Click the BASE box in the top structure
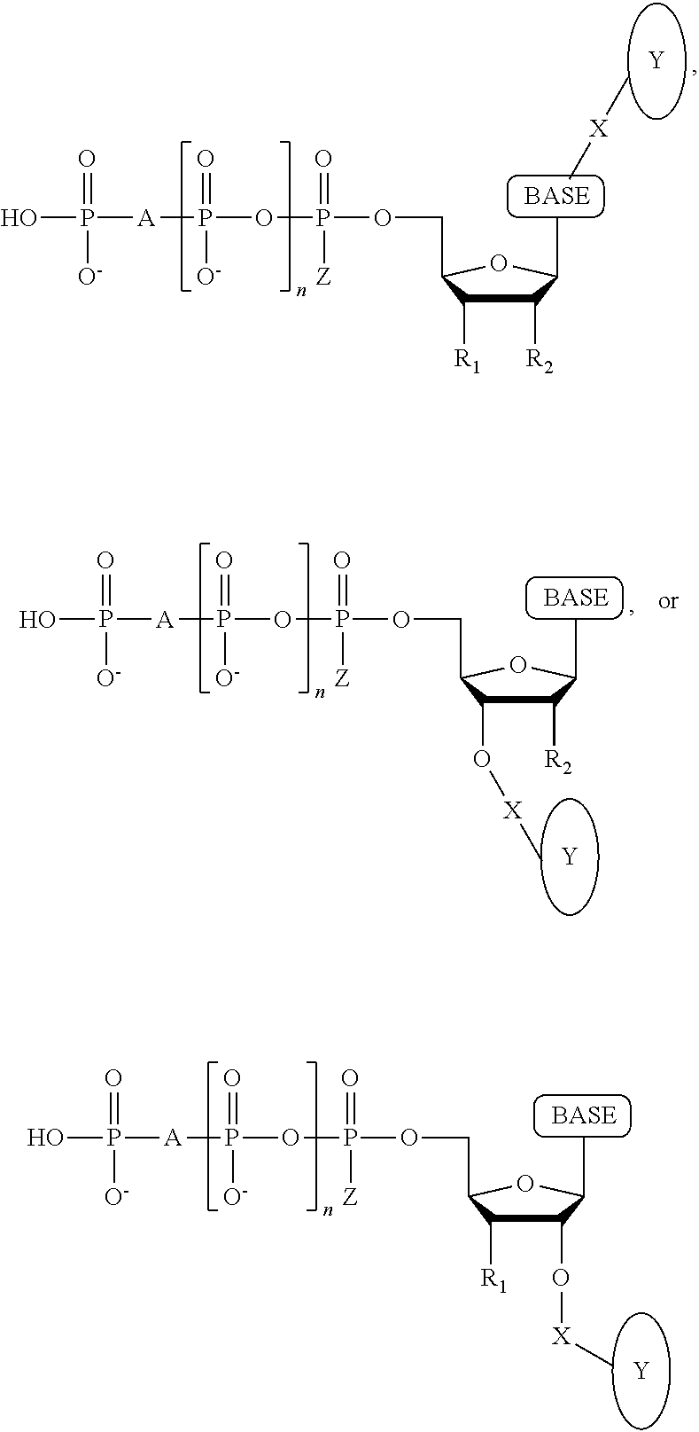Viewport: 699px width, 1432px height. (x=555, y=196)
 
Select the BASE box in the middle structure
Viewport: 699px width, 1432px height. (x=574, y=598)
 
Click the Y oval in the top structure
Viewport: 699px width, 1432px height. (x=656, y=61)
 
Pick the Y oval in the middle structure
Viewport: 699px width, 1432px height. (x=570, y=857)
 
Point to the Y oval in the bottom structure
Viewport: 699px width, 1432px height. (x=641, y=1371)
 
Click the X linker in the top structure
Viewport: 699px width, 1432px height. (x=598, y=129)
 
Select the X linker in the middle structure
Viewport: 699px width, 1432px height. (x=512, y=810)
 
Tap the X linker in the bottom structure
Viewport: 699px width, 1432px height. (x=561, y=1336)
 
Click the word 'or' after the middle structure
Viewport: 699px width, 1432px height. (x=668, y=601)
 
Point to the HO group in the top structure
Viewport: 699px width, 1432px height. (x=19, y=219)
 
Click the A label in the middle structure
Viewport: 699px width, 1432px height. (x=165, y=620)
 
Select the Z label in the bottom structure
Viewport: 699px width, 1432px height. (x=349, y=1197)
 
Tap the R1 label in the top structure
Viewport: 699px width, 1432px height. (x=467, y=361)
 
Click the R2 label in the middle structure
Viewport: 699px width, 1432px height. (x=558, y=762)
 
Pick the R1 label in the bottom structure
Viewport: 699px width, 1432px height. (x=493, y=1280)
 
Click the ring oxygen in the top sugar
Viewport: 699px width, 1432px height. (x=499, y=262)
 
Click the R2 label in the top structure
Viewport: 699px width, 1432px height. (x=540, y=361)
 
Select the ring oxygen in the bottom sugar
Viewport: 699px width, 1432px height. (x=525, y=1183)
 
